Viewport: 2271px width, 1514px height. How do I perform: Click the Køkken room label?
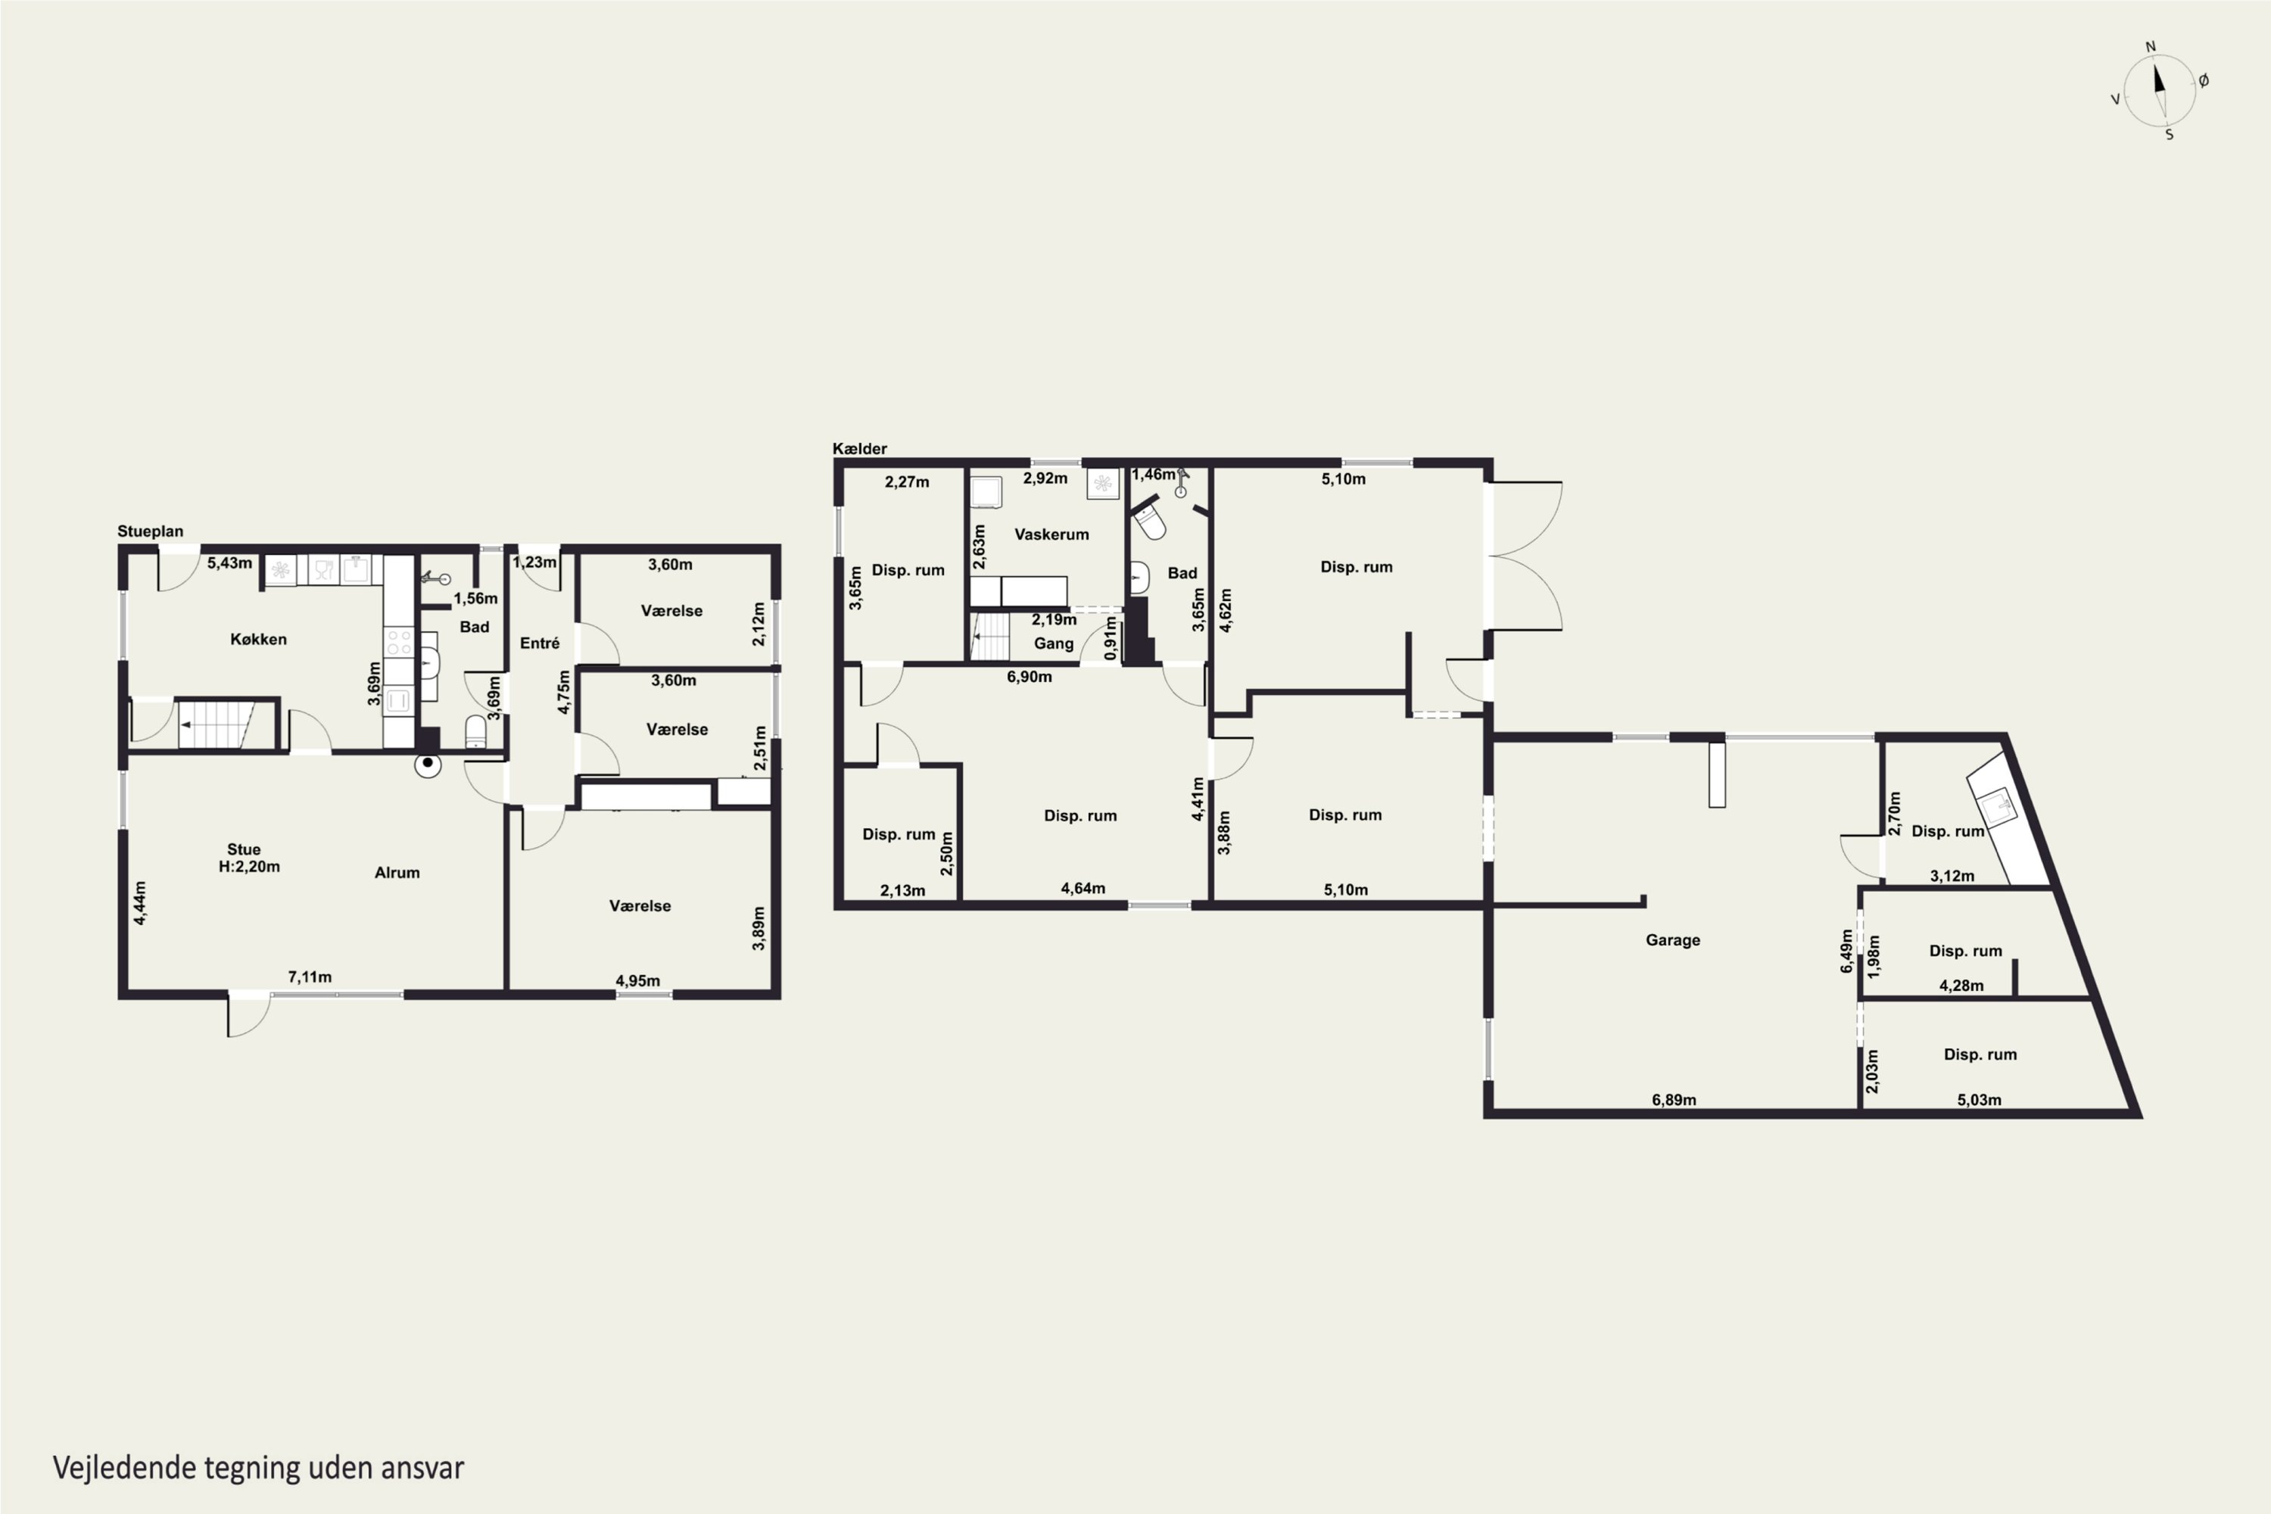click(258, 639)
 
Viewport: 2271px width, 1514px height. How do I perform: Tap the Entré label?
click(540, 643)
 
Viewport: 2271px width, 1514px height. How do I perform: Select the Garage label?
click(1673, 940)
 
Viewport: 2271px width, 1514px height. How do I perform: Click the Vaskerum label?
click(1051, 534)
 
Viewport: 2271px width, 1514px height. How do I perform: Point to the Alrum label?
click(397, 873)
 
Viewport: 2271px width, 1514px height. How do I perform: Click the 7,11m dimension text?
click(310, 977)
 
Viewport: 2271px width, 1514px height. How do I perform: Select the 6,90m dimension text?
click(1030, 677)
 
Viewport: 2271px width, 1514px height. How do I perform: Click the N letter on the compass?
click(2151, 46)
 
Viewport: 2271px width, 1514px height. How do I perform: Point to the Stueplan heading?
click(151, 531)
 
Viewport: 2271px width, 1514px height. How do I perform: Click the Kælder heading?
click(859, 449)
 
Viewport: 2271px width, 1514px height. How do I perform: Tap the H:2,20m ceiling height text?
click(249, 867)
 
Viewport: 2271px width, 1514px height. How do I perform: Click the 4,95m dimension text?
click(638, 981)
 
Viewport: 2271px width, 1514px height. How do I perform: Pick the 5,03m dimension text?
click(1980, 1100)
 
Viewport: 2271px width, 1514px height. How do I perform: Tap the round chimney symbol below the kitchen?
click(428, 765)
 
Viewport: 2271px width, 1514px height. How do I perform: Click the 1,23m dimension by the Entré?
click(535, 562)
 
